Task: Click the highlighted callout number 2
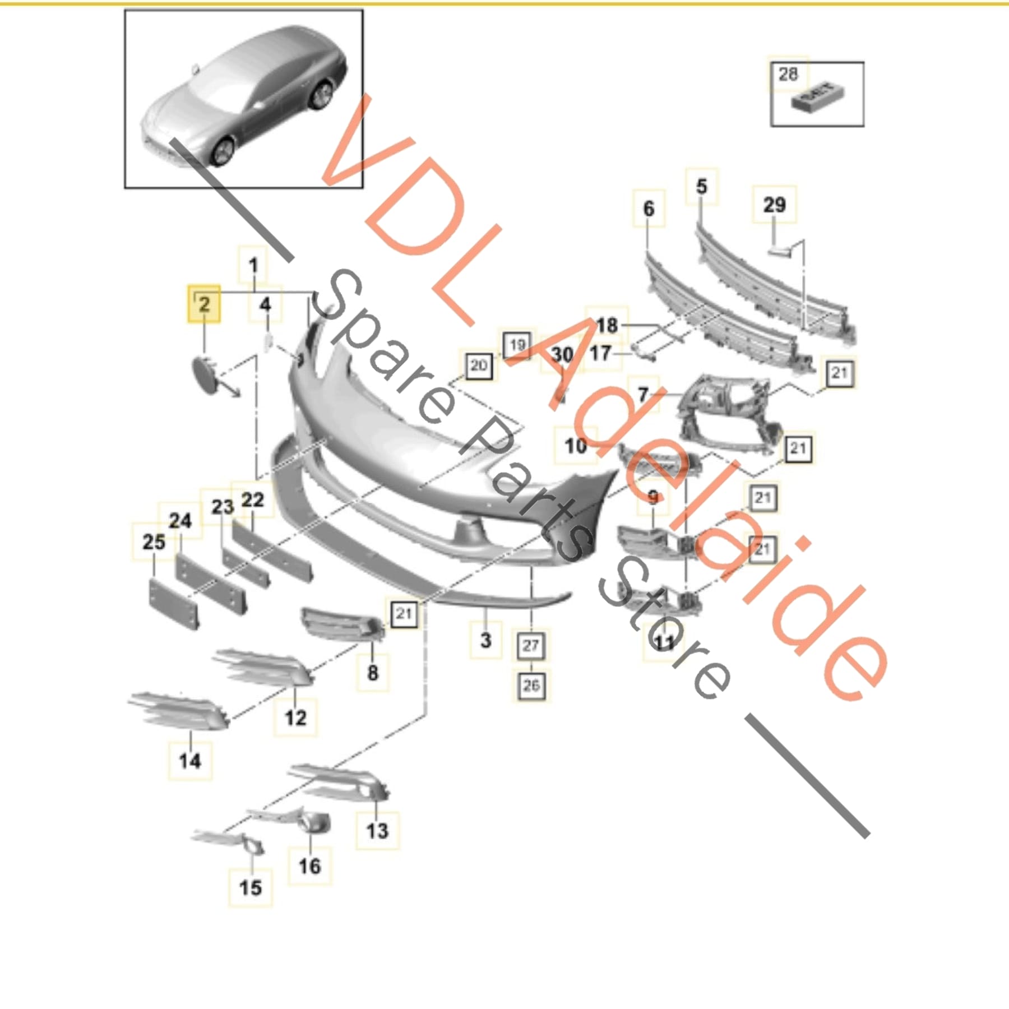[204, 304]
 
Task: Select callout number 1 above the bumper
[253, 265]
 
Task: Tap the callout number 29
[774, 205]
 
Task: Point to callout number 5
[702, 187]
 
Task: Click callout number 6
[649, 209]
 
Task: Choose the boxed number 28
[788, 74]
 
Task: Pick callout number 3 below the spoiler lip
[486, 640]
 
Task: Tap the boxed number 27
[531, 645]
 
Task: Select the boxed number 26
[531, 685]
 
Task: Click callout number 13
[377, 830]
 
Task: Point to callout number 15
[251, 887]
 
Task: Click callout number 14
[190, 761]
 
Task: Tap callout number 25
[154, 542]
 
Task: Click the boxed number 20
[478, 366]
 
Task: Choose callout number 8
[373, 672]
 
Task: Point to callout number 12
[295, 718]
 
